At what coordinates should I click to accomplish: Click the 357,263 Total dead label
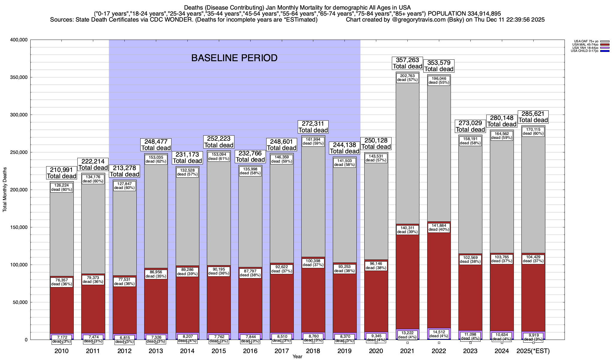(407, 63)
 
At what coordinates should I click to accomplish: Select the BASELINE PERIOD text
(234, 58)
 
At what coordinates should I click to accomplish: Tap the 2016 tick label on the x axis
(250, 351)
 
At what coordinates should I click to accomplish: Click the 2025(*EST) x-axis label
(533, 351)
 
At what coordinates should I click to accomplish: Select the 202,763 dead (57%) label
(407, 78)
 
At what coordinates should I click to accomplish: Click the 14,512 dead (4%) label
(439, 334)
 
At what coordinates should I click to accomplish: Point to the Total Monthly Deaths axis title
(5, 190)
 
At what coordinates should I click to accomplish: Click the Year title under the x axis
(297, 357)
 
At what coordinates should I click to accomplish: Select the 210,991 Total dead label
(61, 173)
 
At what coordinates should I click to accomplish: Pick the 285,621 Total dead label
(533, 117)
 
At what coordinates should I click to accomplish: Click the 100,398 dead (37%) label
(313, 263)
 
